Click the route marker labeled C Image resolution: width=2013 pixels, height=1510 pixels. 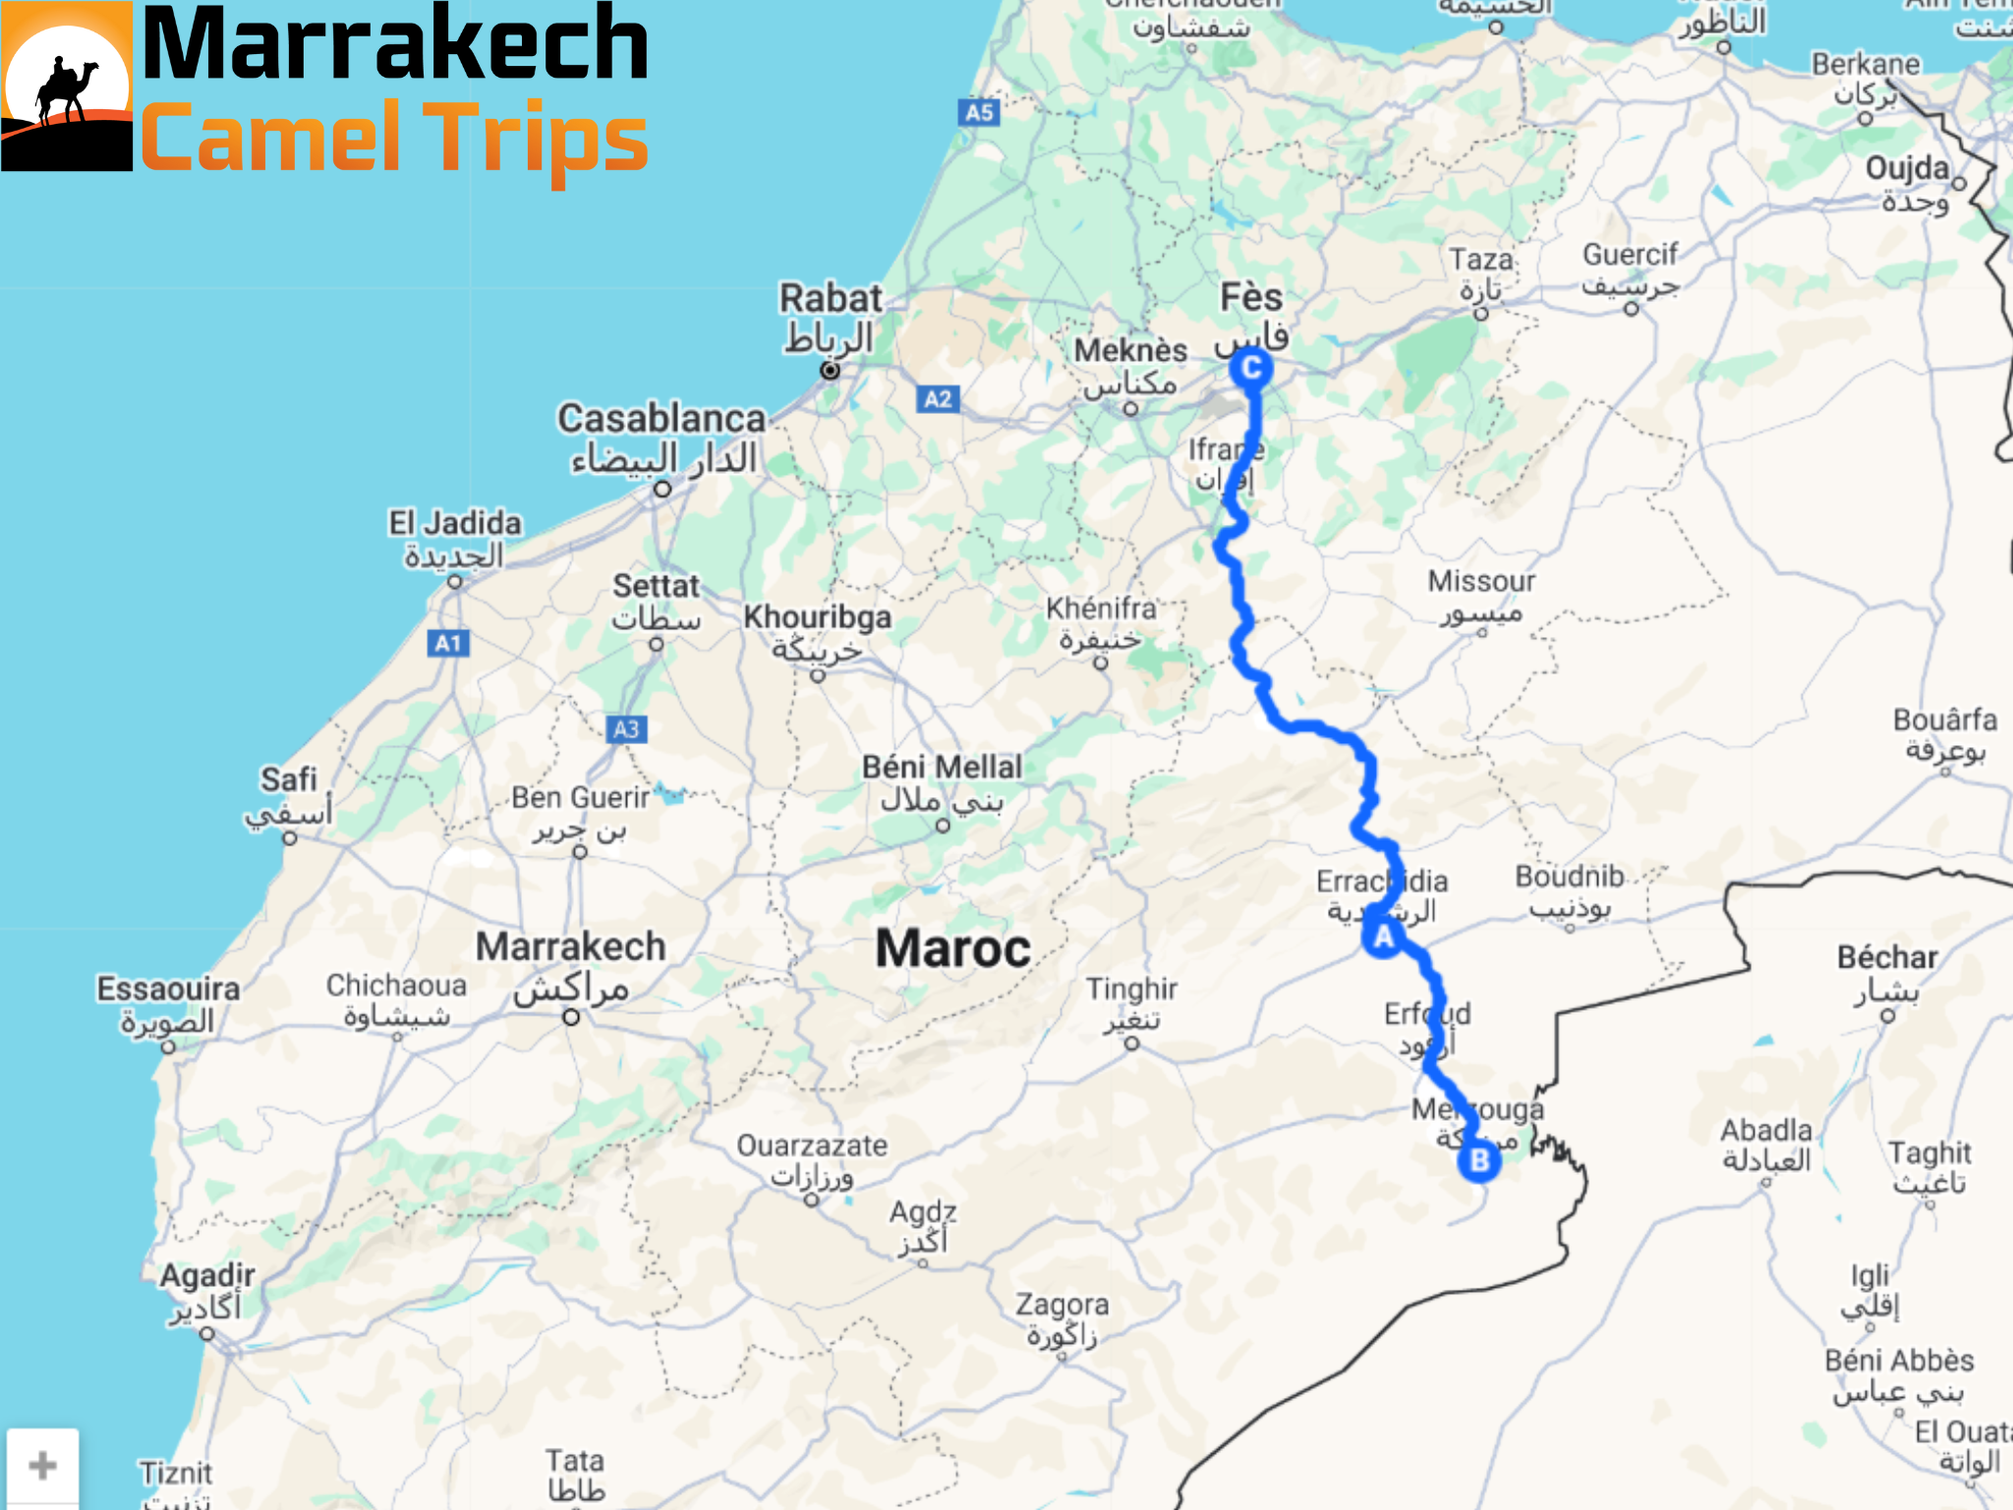(1251, 369)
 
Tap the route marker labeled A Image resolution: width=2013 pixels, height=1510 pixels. (1383, 937)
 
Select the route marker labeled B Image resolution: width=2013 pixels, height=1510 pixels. (1478, 1161)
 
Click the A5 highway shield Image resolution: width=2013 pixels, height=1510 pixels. (978, 112)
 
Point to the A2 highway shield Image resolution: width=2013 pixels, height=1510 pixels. (938, 399)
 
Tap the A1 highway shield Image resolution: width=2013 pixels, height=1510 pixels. (448, 644)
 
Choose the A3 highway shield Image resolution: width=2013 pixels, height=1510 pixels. (626, 729)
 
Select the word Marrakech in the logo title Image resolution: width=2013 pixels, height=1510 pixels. (395, 44)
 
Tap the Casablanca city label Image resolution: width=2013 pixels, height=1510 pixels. (661, 419)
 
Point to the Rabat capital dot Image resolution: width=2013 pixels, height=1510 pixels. (831, 370)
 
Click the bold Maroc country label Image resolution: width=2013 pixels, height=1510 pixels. (952, 949)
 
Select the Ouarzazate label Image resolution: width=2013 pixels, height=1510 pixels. (812, 1146)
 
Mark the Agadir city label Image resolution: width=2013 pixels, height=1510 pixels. (207, 1276)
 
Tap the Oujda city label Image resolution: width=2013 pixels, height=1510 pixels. (1907, 168)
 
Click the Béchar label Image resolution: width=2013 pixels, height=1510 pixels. (1887, 958)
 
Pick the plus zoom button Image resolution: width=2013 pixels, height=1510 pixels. (42, 1466)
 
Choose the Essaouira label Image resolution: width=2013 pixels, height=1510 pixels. (168, 989)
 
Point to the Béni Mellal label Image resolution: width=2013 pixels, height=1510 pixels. (942, 767)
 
